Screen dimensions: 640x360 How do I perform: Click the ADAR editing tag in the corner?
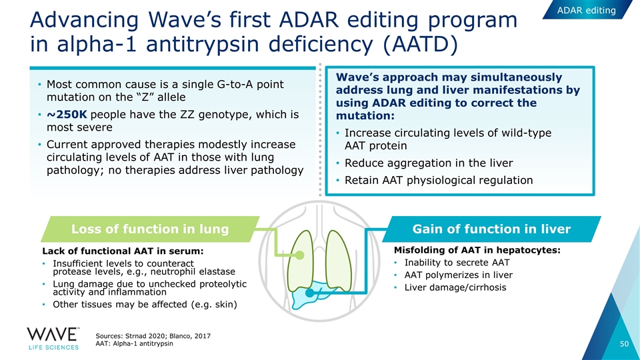[586, 10]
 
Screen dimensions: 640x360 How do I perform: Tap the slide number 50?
[624, 344]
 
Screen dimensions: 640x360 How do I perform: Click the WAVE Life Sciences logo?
[53, 339]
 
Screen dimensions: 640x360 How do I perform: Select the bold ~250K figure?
[67, 114]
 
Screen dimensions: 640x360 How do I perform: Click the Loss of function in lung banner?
[150, 229]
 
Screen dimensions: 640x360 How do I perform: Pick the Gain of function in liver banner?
[491, 229]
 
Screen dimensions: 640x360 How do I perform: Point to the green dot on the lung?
[299, 255]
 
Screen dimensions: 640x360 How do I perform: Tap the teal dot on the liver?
[310, 293]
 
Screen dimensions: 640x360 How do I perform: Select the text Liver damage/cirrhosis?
[455, 287]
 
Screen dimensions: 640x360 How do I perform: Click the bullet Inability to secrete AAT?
[457, 263]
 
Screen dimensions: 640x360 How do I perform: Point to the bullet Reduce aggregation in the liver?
[429, 163]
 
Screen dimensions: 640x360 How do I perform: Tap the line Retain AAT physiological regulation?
[439, 180]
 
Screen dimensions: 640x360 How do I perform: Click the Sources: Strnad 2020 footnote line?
[153, 336]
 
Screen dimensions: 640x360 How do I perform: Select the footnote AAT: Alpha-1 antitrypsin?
[134, 344]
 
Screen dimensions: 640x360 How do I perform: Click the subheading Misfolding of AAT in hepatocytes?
[477, 250]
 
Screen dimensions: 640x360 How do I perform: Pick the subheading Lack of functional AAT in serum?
[123, 251]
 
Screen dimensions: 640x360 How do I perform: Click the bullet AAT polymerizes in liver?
[459, 275]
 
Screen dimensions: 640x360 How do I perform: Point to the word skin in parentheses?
[225, 305]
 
